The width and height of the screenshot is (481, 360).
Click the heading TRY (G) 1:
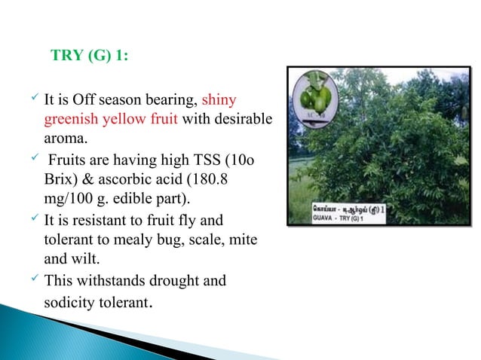click(x=88, y=56)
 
